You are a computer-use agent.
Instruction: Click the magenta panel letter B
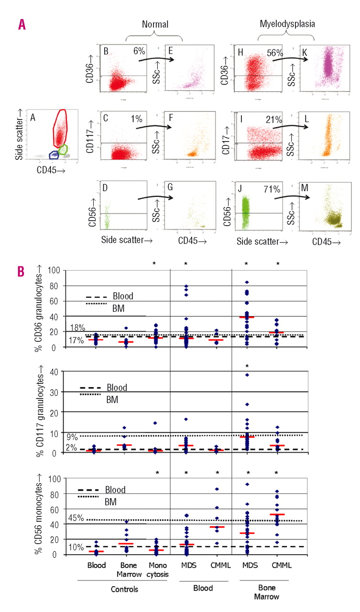[22, 271]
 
